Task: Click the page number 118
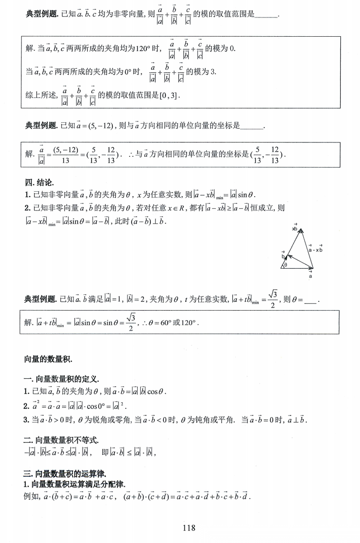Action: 189,527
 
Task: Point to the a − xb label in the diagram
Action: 315,249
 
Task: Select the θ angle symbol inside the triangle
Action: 286,265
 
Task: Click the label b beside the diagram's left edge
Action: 283,257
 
